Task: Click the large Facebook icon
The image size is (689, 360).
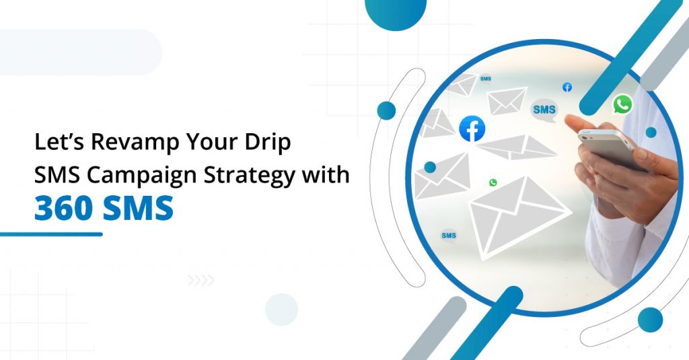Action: pos(472,129)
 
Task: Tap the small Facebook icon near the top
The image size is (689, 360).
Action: pos(567,87)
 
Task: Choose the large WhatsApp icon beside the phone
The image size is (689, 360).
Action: pos(622,104)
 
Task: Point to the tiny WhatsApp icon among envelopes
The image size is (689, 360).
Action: pos(493,182)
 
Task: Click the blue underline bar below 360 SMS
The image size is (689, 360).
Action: pos(51,234)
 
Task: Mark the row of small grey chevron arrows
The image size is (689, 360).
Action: pos(201,280)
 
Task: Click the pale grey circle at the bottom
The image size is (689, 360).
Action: pos(281,310)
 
